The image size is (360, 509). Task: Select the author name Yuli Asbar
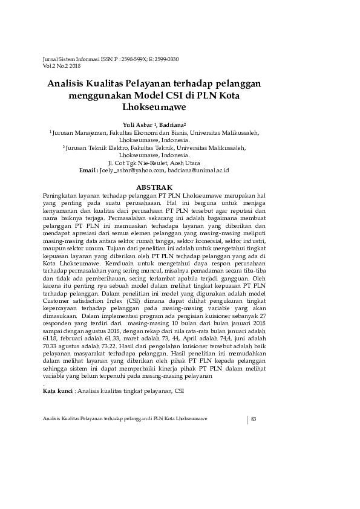coord(136,124)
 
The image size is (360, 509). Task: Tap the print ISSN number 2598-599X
coord(123,59)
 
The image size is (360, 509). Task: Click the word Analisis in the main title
coord(68,84)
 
